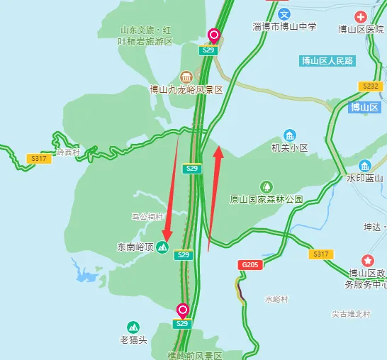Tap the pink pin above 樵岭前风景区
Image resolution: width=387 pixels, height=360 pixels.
pos(182,310)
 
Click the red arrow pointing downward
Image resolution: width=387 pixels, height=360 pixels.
pos(171,191)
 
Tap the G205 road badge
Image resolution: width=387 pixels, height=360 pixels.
pos(249,264)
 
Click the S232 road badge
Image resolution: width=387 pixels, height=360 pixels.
pos(373,86)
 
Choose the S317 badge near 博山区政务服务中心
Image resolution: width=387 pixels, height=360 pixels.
pos(321,254)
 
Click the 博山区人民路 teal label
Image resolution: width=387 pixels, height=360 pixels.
pos(327,61)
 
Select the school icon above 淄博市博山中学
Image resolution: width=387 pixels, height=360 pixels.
pos(284,13)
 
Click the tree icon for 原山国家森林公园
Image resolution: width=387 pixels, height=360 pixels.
pos(267,186)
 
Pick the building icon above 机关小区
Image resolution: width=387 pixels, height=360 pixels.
pos(289,135)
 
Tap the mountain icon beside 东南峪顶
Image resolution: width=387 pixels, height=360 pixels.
pos(162,247)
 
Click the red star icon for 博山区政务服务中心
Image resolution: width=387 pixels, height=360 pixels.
pos(367,260)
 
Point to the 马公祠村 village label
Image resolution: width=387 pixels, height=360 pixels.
pos(147,216)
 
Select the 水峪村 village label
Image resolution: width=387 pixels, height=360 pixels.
pos(277,299)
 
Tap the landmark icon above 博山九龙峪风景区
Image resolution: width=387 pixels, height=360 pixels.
pos(186,77)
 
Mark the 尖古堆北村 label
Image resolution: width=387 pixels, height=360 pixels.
pos(357,313)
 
